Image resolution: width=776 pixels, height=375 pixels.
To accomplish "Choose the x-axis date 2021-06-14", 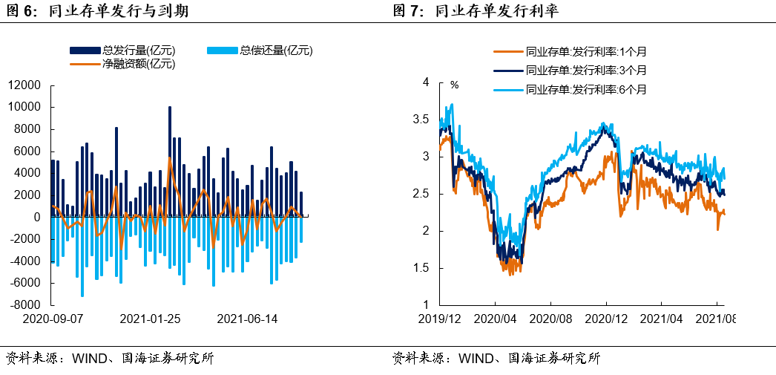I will tap(247, 319).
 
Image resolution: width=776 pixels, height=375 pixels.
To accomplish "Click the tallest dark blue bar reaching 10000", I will tap(170, 162).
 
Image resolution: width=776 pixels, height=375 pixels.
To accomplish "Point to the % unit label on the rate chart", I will tap(455, 85).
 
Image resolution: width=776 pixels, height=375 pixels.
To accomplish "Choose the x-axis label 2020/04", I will tap(495, 319).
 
